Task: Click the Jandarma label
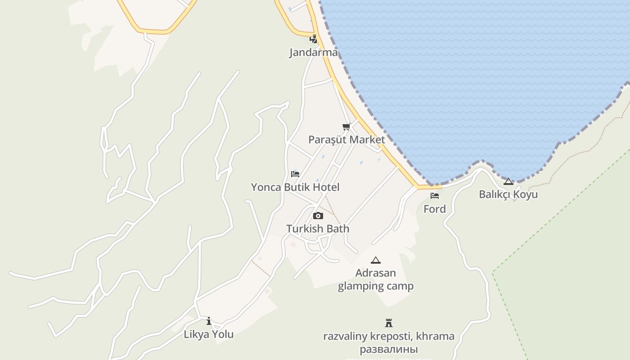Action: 313,53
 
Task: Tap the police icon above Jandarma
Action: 314,40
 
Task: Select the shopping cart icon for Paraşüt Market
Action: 346,127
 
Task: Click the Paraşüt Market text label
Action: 346,139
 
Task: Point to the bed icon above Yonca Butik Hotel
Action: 295,174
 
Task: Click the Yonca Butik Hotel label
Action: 295,187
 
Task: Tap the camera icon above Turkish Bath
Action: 318,216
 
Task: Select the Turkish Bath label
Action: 318,229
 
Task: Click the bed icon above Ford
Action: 435,196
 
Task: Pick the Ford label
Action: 435,209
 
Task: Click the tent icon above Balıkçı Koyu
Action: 508,181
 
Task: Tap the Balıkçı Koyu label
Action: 508,194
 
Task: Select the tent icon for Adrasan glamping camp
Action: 376,260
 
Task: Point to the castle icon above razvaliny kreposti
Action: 389,323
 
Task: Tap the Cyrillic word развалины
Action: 389,349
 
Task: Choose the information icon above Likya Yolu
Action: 209,321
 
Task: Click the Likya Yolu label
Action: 209,334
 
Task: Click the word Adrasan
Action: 376,273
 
